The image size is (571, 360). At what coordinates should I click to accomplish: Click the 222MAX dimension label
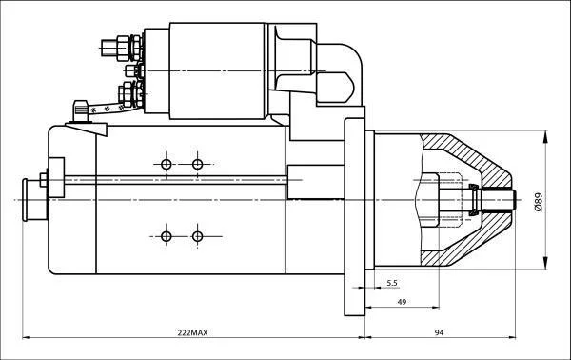(192, 332)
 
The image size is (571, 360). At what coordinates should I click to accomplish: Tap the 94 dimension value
(439, 332)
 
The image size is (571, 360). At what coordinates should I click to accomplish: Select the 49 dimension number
(402, 302)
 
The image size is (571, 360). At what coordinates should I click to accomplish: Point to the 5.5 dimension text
(392, 283)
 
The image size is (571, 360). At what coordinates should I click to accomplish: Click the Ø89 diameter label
(539, 202)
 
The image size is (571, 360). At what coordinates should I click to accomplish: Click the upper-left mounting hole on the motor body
(166, 165)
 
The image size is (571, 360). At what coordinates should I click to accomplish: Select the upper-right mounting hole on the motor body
(197, 165)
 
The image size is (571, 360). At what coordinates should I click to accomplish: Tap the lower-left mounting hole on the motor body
(166, 236)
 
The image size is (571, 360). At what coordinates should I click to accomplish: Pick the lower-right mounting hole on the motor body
(197, 236)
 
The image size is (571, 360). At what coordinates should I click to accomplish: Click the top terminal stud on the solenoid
(120, 48)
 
